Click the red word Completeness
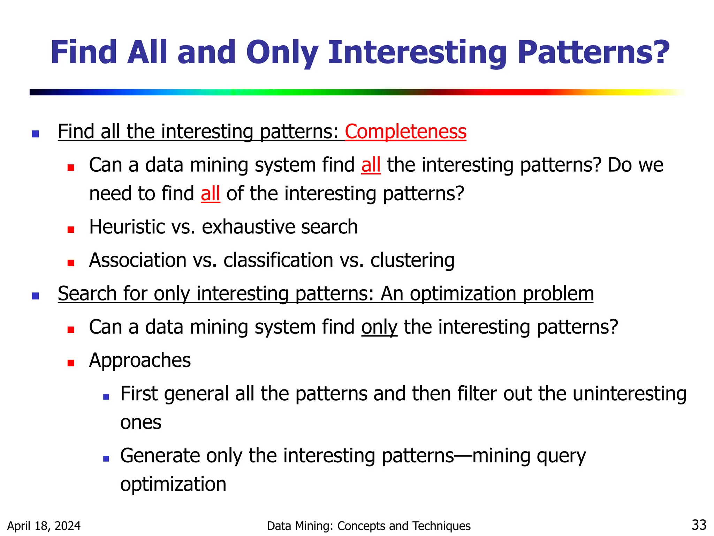coord(405,132)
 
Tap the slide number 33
coord(699,525)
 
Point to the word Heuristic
coord(127,227)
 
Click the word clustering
coord(412,260)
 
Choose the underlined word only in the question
coord(379,327)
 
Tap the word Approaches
coord(140,360)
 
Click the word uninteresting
coord(629,394)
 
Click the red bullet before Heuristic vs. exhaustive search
coord(71,230)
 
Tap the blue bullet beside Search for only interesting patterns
coord(35,296)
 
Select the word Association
coord(138,260)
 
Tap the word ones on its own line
coord(140,423)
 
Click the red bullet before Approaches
coord(71,363)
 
